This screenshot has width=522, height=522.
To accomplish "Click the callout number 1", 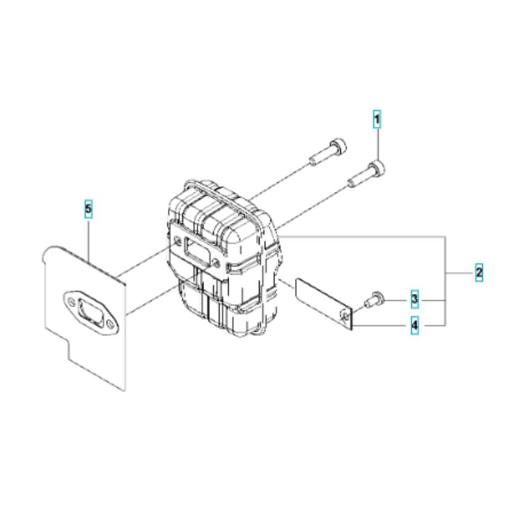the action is coord(376,120).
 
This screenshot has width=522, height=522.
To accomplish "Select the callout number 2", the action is coord(479,272).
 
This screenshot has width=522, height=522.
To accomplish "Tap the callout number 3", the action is coord(414,299).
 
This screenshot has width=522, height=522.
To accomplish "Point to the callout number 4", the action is coord(414,326).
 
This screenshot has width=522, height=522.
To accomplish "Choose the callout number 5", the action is coord(88,209).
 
